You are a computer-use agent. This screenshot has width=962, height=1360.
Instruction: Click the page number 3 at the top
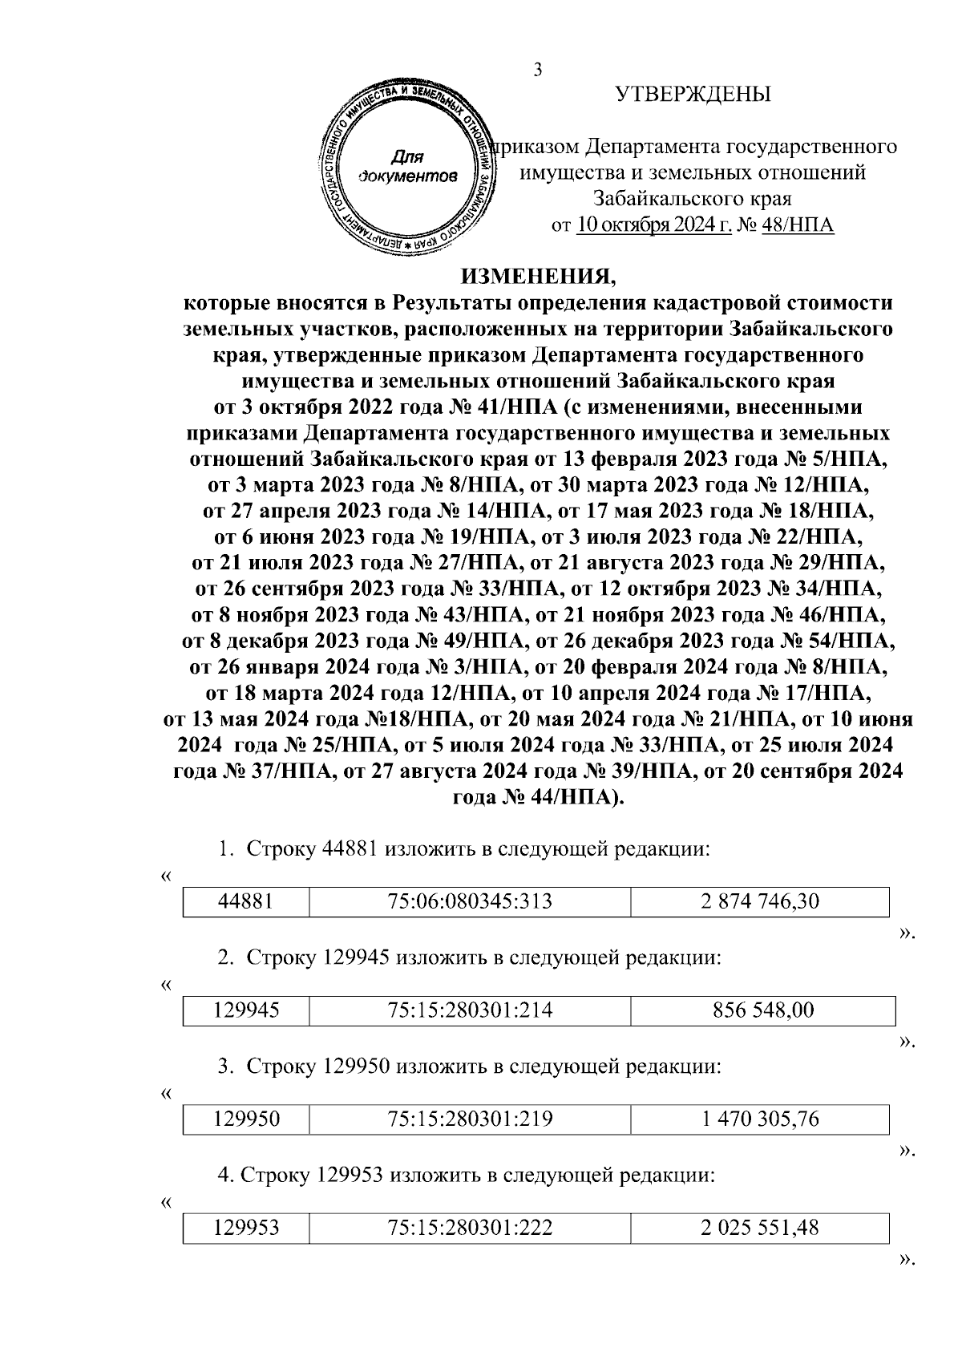tap(538, 70)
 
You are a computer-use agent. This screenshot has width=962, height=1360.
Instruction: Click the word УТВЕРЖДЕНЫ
tap(693, 95)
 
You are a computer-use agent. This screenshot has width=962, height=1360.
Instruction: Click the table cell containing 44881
tap(246, 901)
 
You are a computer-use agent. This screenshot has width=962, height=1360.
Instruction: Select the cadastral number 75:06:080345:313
tap(470, 901)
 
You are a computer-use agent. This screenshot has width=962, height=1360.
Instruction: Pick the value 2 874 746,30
tap(759, 901)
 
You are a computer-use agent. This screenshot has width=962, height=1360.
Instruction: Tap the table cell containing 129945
tap(246, 1010)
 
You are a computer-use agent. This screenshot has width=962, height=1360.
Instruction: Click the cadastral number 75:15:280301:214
tap(470, 1010)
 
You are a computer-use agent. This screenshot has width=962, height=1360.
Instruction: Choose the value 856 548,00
tap(762, 1010)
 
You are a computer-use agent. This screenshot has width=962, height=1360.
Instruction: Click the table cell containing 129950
tap(246, 1119)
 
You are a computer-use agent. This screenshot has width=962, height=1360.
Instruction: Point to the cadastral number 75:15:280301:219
tap(470, 1119)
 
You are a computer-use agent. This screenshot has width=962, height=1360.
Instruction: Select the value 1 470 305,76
tap(759, 1119)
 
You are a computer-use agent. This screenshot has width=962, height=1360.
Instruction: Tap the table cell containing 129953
tap(246, 1228)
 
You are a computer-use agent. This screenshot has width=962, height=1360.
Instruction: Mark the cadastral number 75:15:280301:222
tap(470, 1228)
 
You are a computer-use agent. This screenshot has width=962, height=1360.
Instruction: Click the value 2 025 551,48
tap(759, 1228)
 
